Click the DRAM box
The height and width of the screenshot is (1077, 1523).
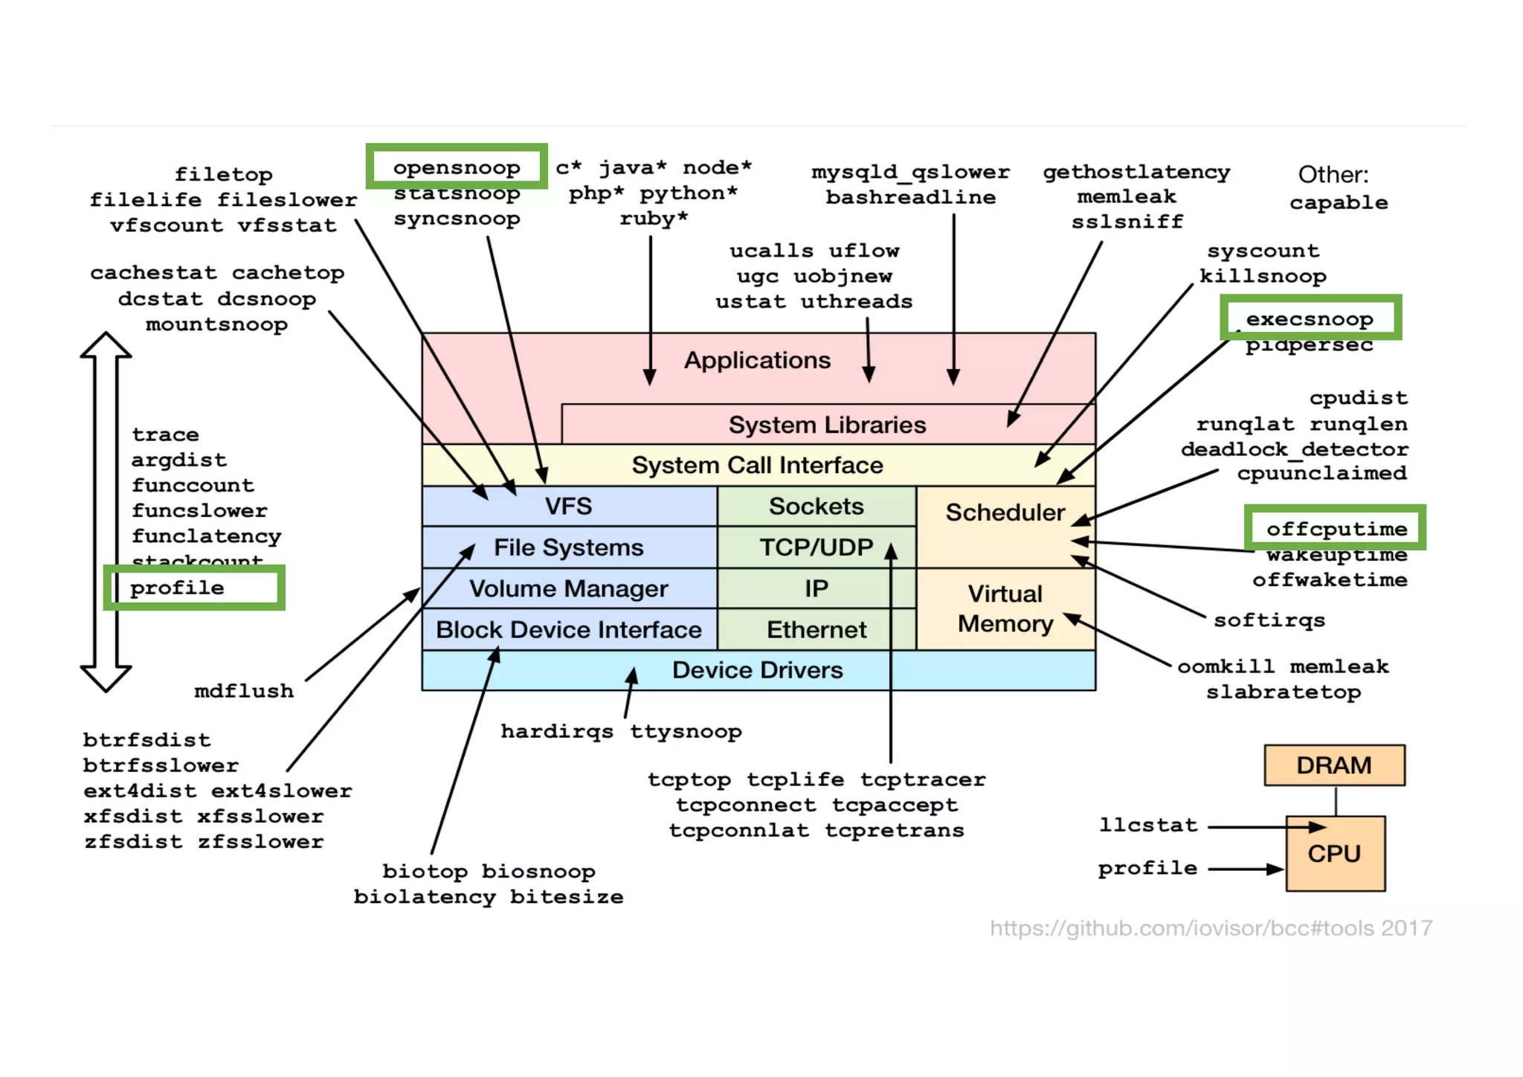(1334, 765)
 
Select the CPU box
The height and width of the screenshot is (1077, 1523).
(1335, 853)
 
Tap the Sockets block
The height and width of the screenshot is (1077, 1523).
(816, 507)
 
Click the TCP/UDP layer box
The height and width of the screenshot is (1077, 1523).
(816, 547)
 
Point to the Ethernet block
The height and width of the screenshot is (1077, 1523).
(816, 630)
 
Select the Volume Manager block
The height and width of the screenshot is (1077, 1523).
(569, 588)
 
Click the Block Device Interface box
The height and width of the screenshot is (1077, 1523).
(569, 630)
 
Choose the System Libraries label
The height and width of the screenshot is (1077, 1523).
(827, 425)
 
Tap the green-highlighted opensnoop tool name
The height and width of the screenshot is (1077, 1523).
(457, 167)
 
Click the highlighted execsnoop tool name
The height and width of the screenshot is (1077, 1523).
(1310, 318)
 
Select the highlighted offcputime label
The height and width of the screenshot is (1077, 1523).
(1336, 529)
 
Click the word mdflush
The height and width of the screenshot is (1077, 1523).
(244, 691)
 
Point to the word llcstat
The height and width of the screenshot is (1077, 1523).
(1148, 825)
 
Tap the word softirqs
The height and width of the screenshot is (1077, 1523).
(1269, 620)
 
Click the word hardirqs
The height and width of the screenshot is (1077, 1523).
(557, 731)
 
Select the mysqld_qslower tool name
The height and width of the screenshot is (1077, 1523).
(910, 172)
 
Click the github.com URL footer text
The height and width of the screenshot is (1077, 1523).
(1211, 928)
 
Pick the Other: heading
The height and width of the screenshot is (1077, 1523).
(1333, 175)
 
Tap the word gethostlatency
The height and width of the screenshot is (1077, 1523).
(1136, 172)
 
